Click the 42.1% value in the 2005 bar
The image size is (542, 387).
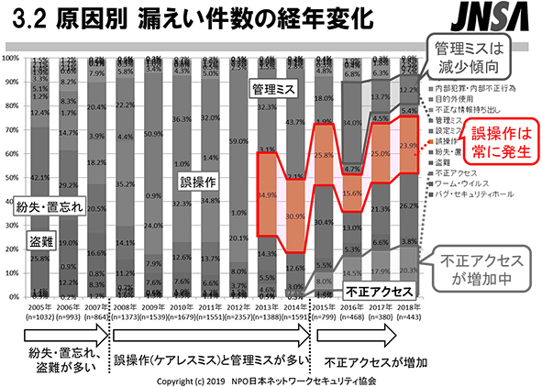(38, 177)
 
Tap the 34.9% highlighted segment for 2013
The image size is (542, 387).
(268, 195)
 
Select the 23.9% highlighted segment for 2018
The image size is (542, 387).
(410, 145)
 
